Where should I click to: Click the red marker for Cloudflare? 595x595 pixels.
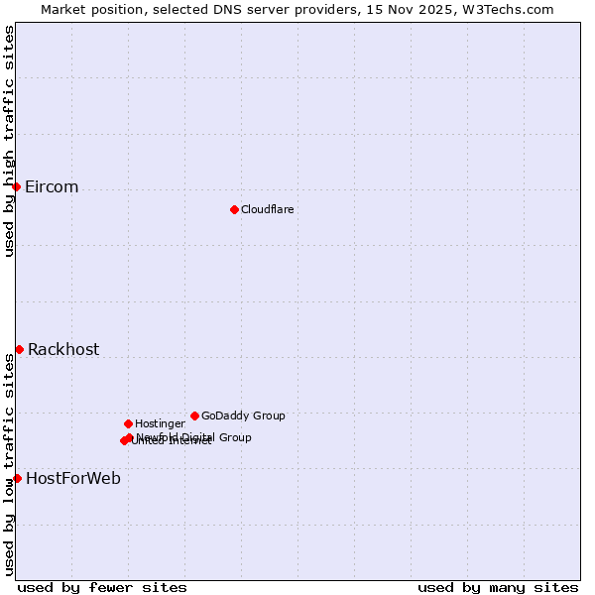click(234, 209)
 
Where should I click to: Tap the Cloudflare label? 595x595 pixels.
click(268, 209)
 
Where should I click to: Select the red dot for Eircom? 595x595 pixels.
click(16, 186)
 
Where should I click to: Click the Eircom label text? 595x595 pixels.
click(52, 187)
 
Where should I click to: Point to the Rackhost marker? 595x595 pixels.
click(19, 349)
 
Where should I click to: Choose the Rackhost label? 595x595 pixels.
click(63, 349)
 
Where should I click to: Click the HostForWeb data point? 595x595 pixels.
click(17, 478)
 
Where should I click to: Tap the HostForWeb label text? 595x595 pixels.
click(73, 479)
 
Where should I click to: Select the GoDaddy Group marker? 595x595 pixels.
click(194, 416)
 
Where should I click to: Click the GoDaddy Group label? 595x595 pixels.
click(243, 416)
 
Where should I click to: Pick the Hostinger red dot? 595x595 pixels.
click(128, 423)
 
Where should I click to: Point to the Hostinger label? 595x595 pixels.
click(160, 423)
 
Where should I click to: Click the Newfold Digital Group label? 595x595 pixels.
click(194, 436)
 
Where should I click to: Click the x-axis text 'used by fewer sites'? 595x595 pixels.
click(102, 587)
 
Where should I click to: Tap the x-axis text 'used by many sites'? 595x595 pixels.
click(498, 587)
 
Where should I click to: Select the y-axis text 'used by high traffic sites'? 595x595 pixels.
click(9, 141)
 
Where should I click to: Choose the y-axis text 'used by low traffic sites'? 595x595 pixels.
click(9, 466)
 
